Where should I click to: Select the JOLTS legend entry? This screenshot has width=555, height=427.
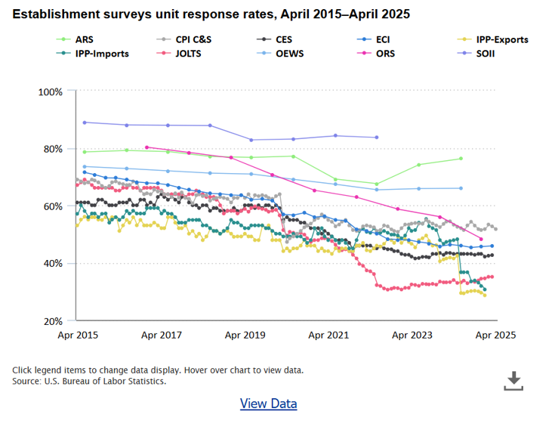189,54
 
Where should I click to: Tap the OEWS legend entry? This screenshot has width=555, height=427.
290,54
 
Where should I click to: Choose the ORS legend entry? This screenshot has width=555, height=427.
386,54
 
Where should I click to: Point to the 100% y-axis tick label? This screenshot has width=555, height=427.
51,91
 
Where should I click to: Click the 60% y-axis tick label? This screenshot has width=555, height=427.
54,206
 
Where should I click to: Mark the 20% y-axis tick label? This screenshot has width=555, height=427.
54,321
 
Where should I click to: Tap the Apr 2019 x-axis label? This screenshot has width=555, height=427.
244,334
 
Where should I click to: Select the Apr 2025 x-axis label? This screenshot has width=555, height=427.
495,334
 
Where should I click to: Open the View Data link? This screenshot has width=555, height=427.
268,404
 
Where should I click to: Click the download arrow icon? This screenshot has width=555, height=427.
513,380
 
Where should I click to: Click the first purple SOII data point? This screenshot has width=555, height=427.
85,122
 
